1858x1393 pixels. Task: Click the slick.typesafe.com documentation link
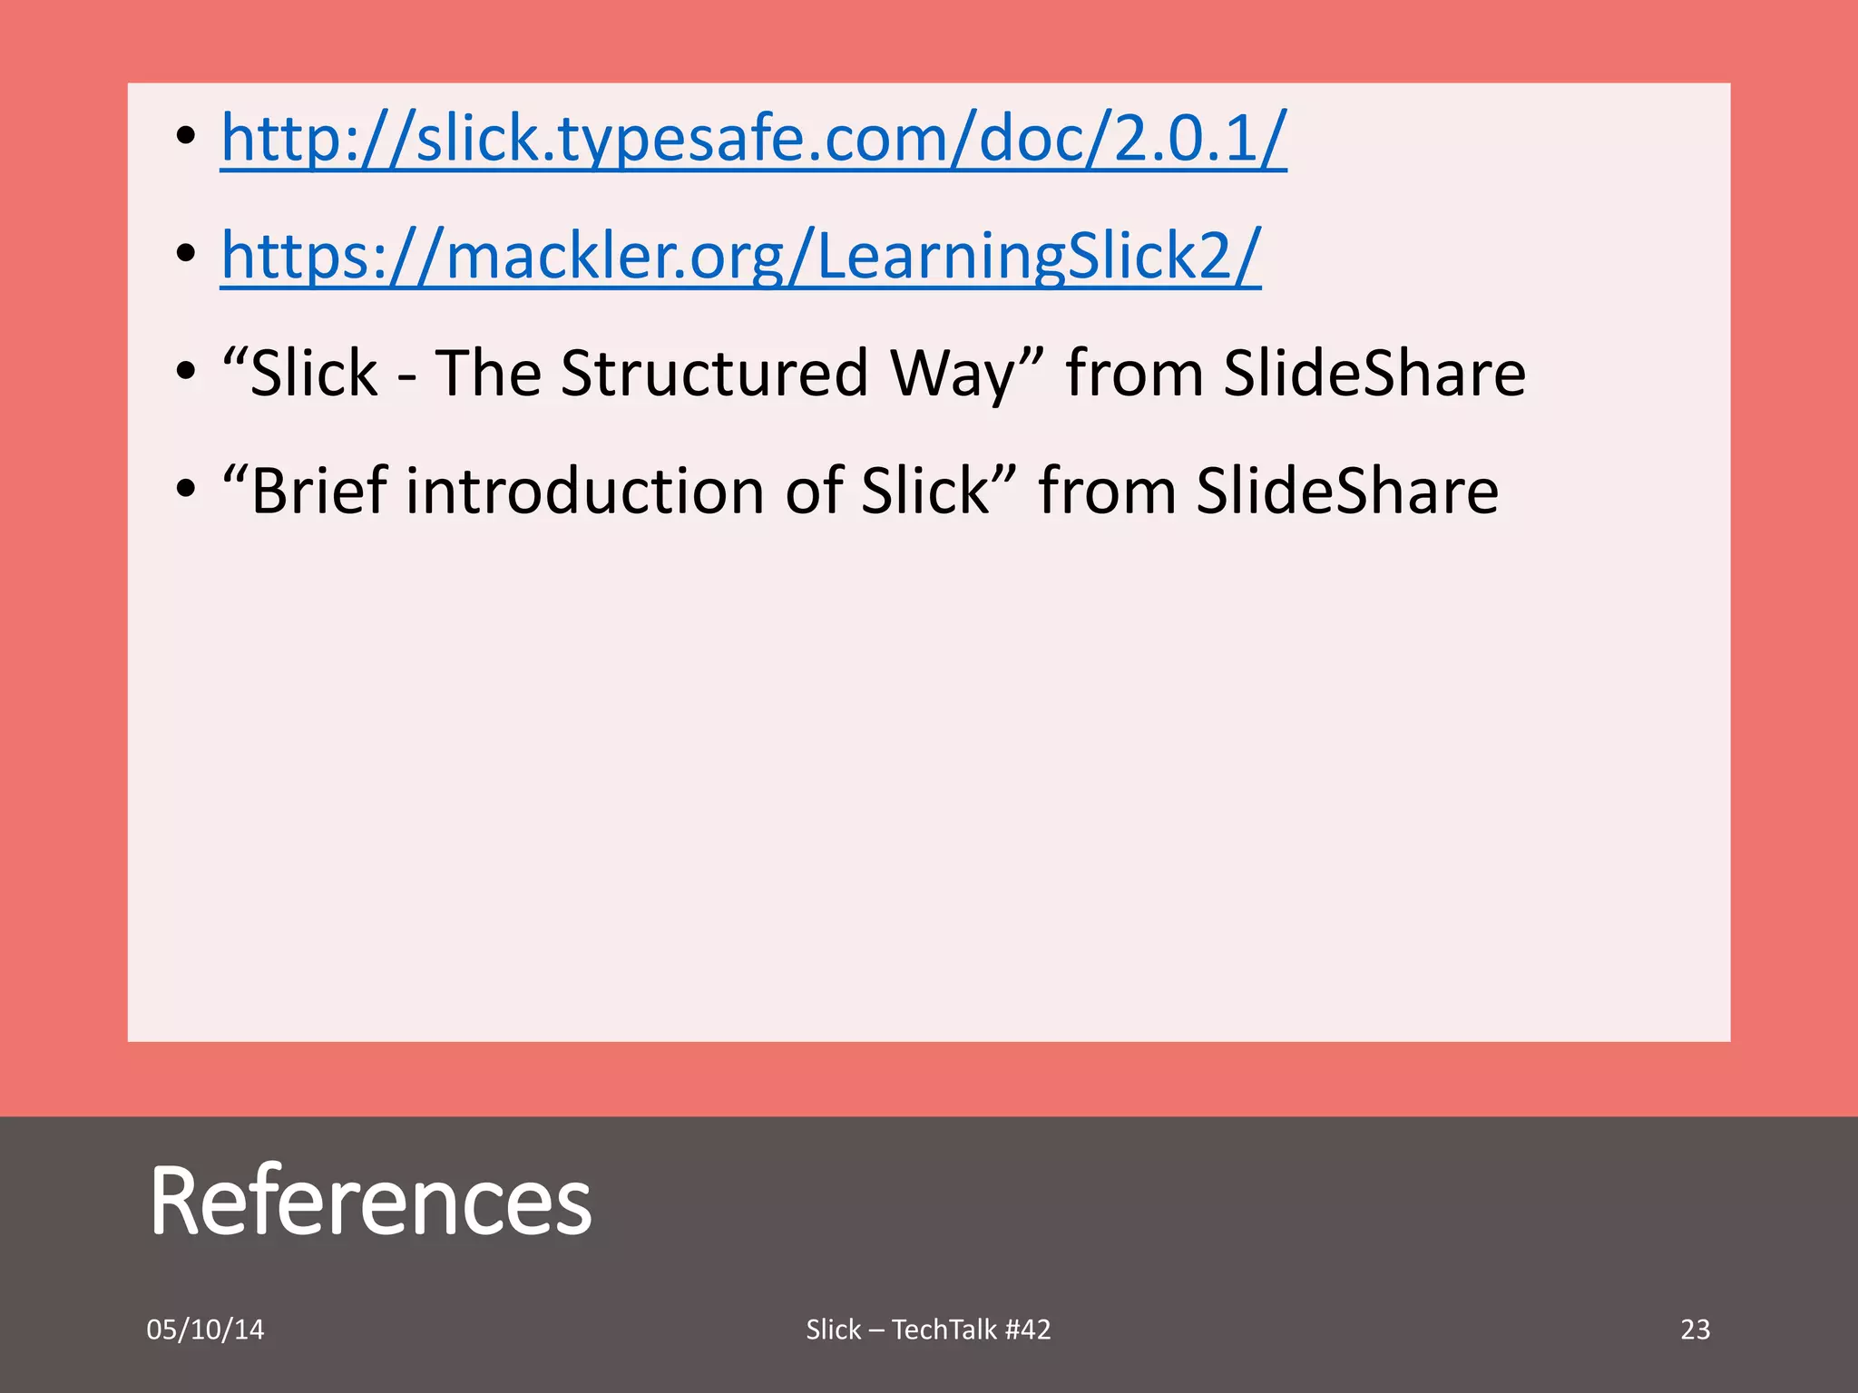[x=753, y=139]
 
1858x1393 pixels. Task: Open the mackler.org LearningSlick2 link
[x=740, y=256]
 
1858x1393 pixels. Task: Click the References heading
[x=370, y=1201]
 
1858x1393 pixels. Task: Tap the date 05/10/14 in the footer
[x=205, y=1330]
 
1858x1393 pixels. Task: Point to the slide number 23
[x=1695, y=1330]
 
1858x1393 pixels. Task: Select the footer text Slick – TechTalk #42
[x=928, y=1330]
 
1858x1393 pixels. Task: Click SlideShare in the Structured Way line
[x=1374, y=373]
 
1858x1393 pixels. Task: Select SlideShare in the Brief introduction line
[x=1347, y=491]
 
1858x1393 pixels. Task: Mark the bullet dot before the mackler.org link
[x=186, y=255]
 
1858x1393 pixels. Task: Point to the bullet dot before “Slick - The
[x=186, y=372]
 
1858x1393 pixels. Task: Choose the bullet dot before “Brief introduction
[x=186, y=490]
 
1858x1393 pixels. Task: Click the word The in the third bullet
[x=488, y=373]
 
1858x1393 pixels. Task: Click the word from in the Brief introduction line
[x=1108, y=491]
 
